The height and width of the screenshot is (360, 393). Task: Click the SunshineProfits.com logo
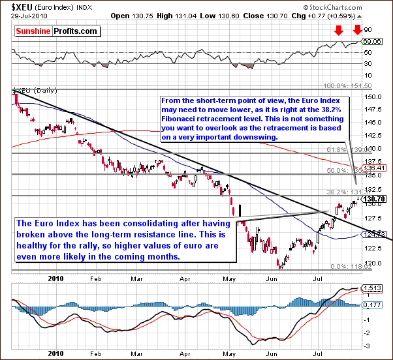(x=57, y=31)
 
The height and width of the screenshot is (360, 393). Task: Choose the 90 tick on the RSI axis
(x=368, y=29)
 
